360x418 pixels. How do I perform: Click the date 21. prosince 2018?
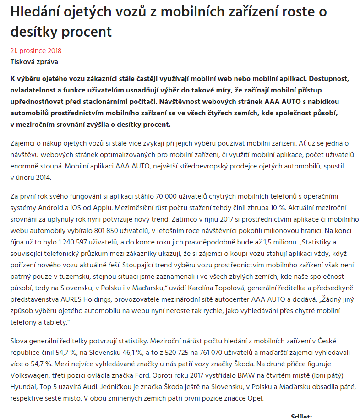point(36,51)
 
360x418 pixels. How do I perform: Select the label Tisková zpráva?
point(34,61)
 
